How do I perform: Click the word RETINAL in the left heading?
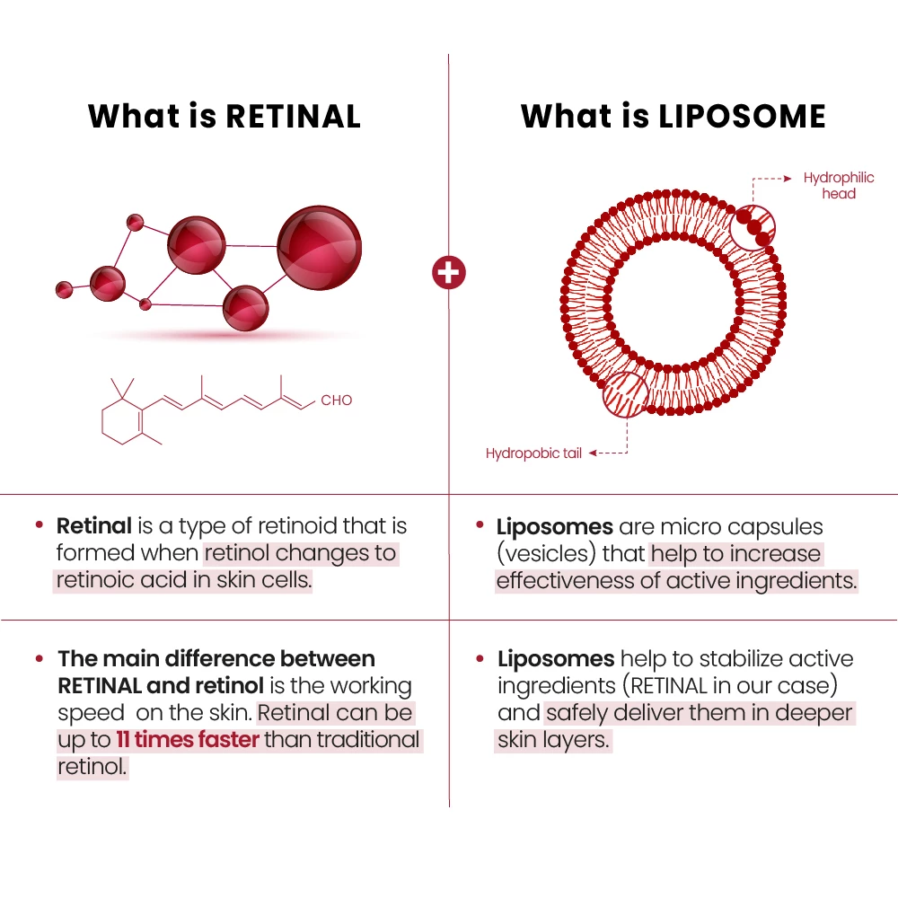coord(293,117)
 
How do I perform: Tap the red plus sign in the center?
coord(449,272)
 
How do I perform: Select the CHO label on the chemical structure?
coord(337,401)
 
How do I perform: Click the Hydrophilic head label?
coord(839,186)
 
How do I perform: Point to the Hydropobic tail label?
coord(533,453)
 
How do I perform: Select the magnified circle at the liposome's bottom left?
coord(624,393)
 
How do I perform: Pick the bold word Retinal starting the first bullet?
coord(93,526)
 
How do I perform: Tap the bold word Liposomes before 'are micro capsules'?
coord(555,527)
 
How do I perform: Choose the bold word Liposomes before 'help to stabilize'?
coord(556,659)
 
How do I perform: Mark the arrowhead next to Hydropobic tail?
coord(593,453)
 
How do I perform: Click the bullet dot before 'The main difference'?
coord(40,659)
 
